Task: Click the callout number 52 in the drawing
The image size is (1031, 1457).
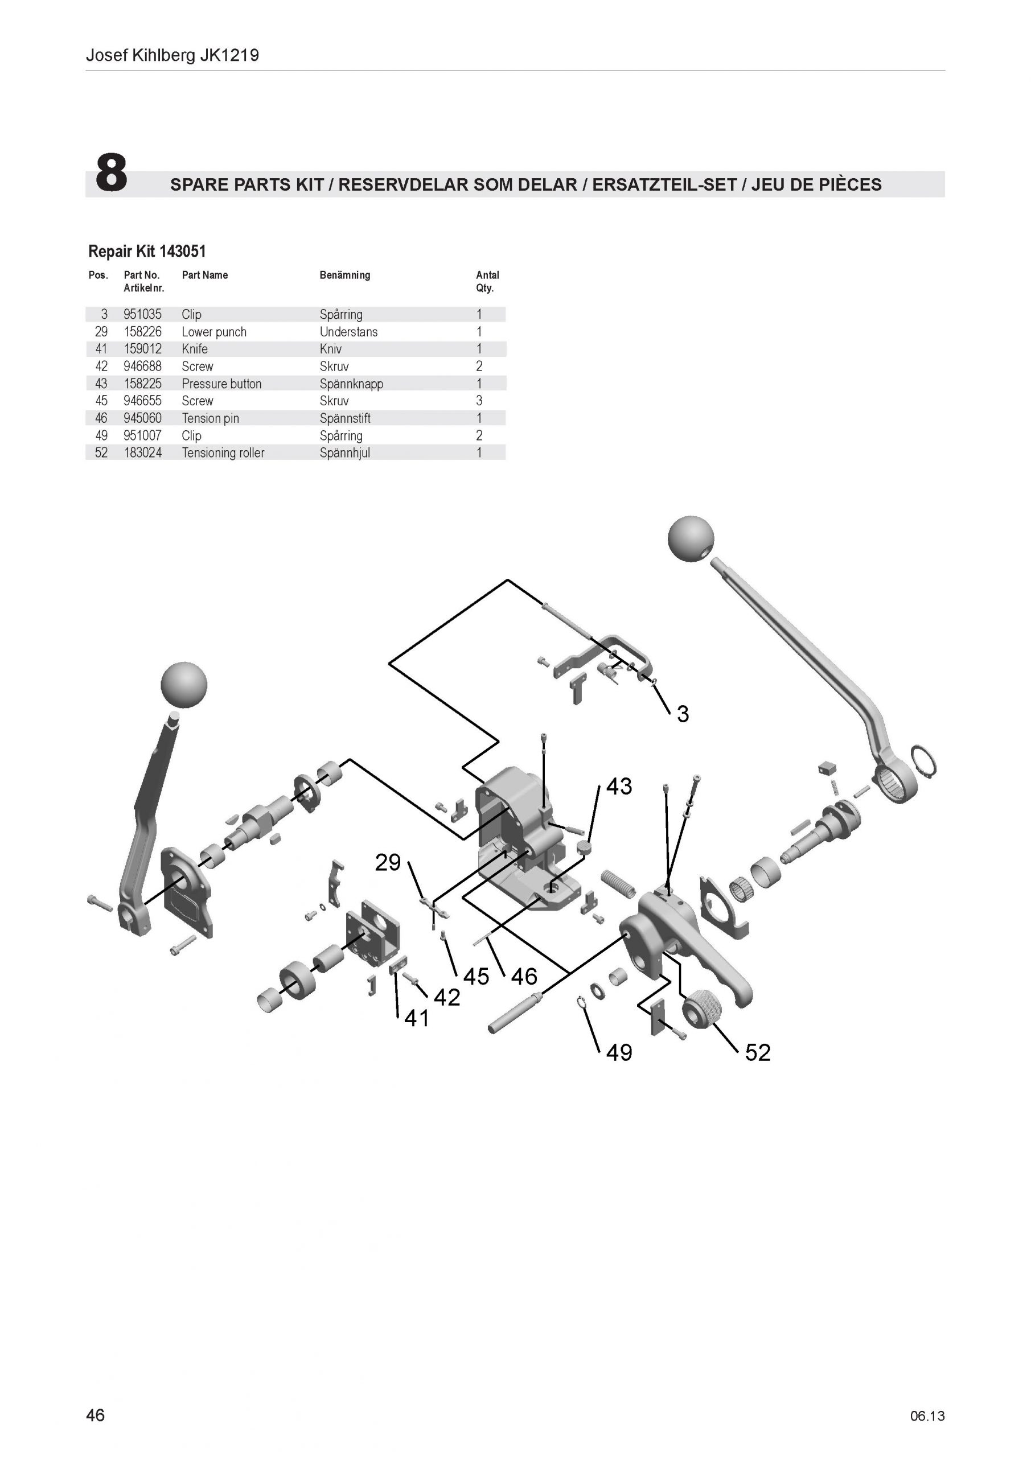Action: (757, 1052)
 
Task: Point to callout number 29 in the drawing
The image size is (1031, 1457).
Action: (388, 862)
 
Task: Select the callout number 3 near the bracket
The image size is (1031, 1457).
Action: (683, 714)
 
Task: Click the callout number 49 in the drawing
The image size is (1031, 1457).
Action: (619, 1052)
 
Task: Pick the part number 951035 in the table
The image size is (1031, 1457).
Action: (143, 314)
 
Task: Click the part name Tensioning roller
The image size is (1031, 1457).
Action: (223, 452)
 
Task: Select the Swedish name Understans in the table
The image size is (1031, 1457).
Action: (348, 331)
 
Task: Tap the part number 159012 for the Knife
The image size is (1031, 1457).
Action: (143, 348)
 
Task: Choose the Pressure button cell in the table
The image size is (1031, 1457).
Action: (221, 383)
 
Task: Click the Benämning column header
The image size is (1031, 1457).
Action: (345, 275)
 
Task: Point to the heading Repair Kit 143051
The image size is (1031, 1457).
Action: (147, 252)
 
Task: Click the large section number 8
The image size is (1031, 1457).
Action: (111, 172)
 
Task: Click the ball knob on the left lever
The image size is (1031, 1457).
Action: (184, 685)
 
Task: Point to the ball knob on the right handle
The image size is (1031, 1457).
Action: (691, 539)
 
